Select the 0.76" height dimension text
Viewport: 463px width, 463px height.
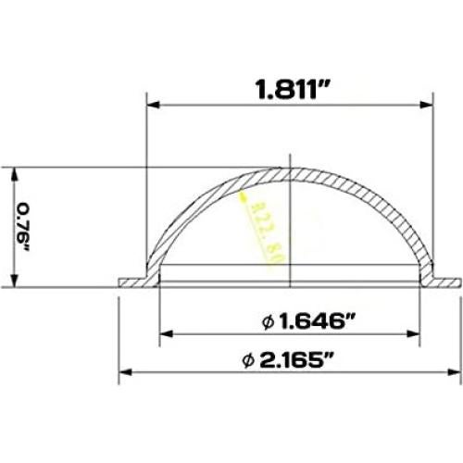click(x=24, y=228)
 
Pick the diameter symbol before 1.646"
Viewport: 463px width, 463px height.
click(x=267, y=322)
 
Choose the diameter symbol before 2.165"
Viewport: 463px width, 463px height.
click(x=248, y=362)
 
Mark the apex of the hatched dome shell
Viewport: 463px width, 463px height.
click(x=291, y=172)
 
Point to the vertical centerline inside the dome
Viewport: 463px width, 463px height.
click(x=291, y=231)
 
